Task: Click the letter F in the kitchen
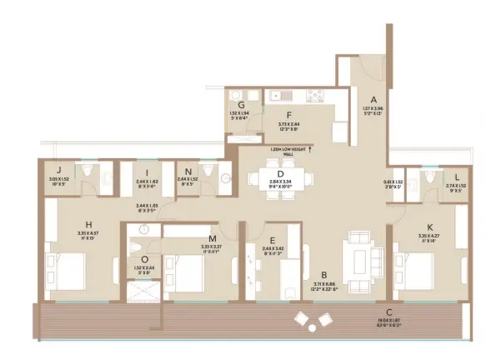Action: click(x=288, y=117)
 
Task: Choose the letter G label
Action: click(x=240, y=106)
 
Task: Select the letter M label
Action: click(x=213, y=237)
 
